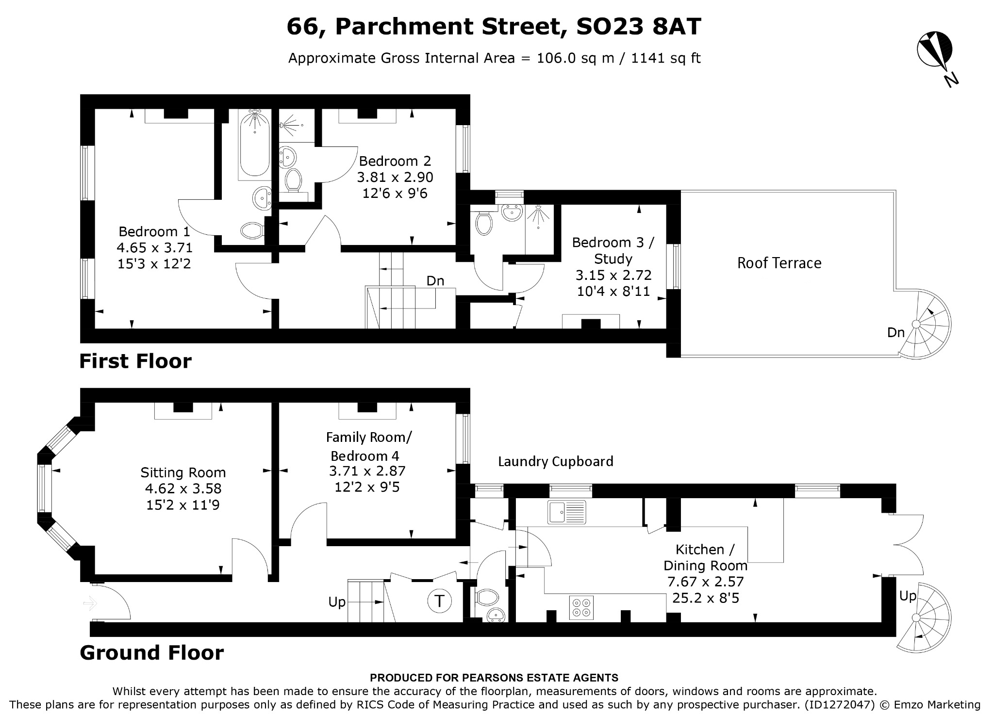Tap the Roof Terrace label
779,263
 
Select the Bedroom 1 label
154,231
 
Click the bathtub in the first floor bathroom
254,144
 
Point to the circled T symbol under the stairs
439,601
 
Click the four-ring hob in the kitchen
581,607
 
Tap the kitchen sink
567,512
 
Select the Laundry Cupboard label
556,461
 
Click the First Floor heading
135,361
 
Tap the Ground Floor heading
152,652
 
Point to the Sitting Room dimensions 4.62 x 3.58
183,488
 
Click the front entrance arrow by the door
90,604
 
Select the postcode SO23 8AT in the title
638,27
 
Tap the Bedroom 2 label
395,161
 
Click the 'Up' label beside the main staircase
337,602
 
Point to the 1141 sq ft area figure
666,58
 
